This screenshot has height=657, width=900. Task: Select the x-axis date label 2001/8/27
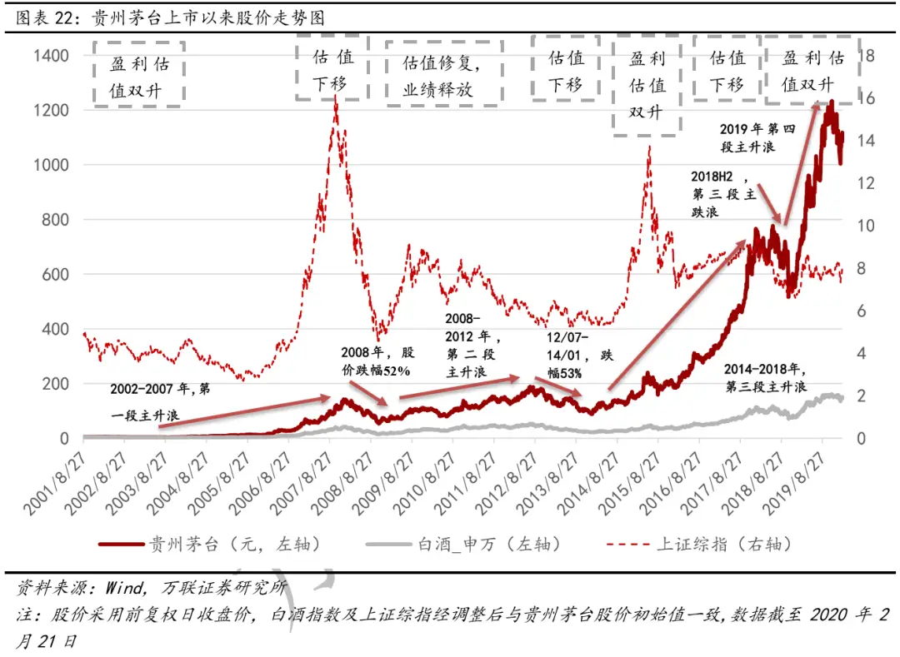56,484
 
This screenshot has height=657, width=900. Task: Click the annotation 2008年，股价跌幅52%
374,361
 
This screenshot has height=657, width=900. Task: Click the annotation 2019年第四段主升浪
747,137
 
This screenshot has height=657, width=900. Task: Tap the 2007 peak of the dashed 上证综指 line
335,98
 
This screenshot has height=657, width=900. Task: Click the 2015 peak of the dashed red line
648,148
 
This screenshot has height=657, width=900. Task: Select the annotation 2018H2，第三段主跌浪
723,195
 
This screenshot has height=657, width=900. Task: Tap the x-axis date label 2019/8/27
795,484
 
